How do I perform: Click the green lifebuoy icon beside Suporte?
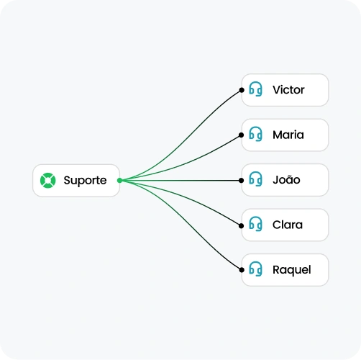[48, 181]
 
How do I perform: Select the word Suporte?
[85, 181]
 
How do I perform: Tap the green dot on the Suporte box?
[119, 181]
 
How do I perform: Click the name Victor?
[288, 90]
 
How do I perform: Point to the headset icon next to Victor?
[255, 89]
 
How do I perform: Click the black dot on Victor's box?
[242, 90]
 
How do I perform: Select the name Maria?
[288, 135]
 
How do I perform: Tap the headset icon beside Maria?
[255, 134]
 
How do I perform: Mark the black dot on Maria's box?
[242, 135]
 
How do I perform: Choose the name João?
[286, 179]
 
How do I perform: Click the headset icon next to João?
[255, 179]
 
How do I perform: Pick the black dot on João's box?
[242, 181]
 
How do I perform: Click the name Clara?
[288, 225]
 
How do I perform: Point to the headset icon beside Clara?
[255, 224]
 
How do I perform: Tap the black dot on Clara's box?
[242, 226]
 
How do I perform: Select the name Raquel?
[292, 270]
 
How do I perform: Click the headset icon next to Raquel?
[255, 269]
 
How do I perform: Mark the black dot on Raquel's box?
[242, 270]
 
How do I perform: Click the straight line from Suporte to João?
[180, 181]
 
